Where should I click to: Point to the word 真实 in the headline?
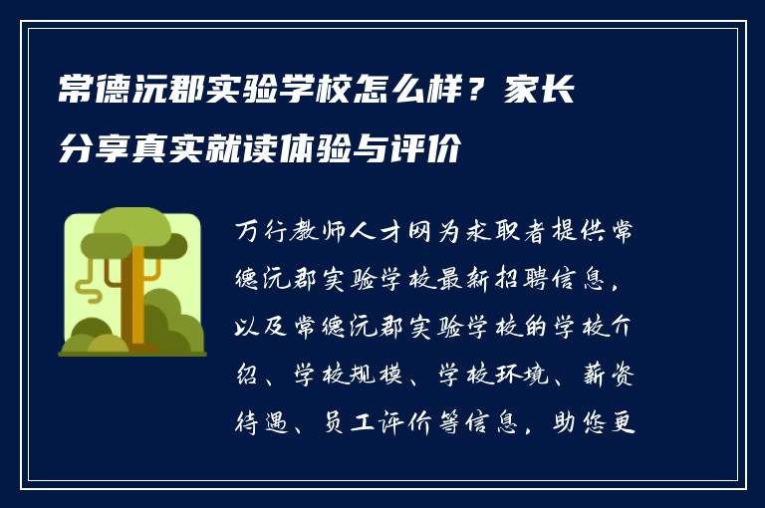(184, 150)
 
